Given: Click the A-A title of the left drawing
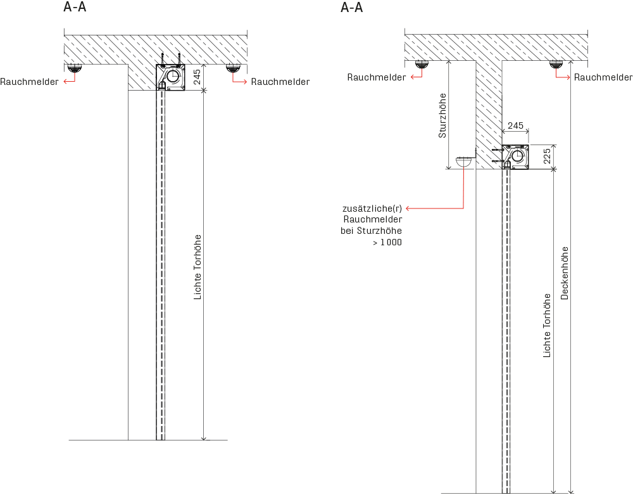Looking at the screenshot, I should [75, 8].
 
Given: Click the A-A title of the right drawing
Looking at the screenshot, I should [351, 8].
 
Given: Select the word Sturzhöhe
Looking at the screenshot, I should [442, 115].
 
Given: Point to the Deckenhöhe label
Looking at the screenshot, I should [565, 273].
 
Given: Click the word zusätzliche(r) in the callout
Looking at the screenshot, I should [372, 208].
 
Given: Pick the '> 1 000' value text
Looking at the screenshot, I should [387, 242].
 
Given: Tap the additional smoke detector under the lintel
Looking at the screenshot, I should [464, 163].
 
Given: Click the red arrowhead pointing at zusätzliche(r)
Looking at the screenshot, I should [408, 208].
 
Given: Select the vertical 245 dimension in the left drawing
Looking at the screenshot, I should [197, 77].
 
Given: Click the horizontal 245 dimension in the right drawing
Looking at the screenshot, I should [515, 125].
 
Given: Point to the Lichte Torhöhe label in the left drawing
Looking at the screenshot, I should [197, 267].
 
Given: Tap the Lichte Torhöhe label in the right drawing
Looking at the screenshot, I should [547, 325].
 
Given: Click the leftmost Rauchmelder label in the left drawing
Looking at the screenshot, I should [29, 82].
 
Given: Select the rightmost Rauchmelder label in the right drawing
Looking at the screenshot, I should [603, 77].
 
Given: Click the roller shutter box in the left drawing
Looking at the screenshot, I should [170, 77].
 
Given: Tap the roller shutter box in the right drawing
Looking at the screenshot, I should [515, 157].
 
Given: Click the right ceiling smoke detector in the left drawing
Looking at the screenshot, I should [234, 68].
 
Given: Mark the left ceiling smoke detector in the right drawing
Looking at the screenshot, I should [422, 64].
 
